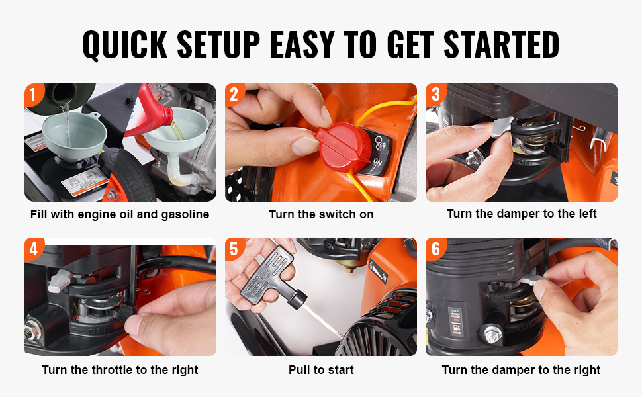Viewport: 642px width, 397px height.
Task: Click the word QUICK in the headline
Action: [x=125, y=44]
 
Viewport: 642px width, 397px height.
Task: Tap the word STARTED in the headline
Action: [x=501, y=44]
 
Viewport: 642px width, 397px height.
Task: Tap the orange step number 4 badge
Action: [x=34, y=249]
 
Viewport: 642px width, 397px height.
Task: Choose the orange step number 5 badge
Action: [x=234, y=249]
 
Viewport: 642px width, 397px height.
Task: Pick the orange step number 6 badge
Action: [x=436, y=249]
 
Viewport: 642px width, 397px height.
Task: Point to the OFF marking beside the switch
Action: [x=380, y=143]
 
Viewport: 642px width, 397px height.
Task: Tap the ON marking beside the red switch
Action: [x=377, y=165]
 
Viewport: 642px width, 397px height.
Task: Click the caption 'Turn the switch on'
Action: [x=321, y=214]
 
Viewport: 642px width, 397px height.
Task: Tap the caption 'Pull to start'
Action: [x=321, y=370]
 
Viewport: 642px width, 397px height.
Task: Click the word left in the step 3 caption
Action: [x=586, y=214]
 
